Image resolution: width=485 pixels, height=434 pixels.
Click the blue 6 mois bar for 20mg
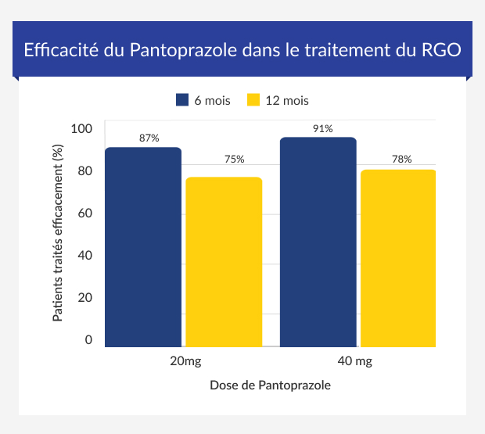[x=143, y=246]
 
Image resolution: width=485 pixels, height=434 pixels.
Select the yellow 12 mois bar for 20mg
[x=224, y=261]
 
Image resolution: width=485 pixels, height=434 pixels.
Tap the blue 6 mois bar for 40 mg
[x=318, y=242]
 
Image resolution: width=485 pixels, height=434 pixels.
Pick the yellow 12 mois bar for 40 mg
[x=398, y=257]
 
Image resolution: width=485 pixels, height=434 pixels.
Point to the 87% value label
[x=149, y=138]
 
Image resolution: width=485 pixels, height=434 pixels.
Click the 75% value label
[x=234, y=160]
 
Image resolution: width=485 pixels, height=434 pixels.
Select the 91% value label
[x=322, y=128]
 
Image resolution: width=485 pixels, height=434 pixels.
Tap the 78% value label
[x=401, y=160]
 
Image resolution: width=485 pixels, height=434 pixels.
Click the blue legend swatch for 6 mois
[x=182, y=100]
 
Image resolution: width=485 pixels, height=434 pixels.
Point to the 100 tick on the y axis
[x=81, y=128]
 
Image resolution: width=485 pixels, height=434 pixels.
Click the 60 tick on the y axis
[x=85, y=213]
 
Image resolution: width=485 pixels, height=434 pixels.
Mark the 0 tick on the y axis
[x=88, y=339]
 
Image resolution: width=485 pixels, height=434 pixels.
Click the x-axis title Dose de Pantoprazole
[x=270, y=386]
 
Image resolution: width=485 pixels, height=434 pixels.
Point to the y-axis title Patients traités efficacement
[x=57, y=234]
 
